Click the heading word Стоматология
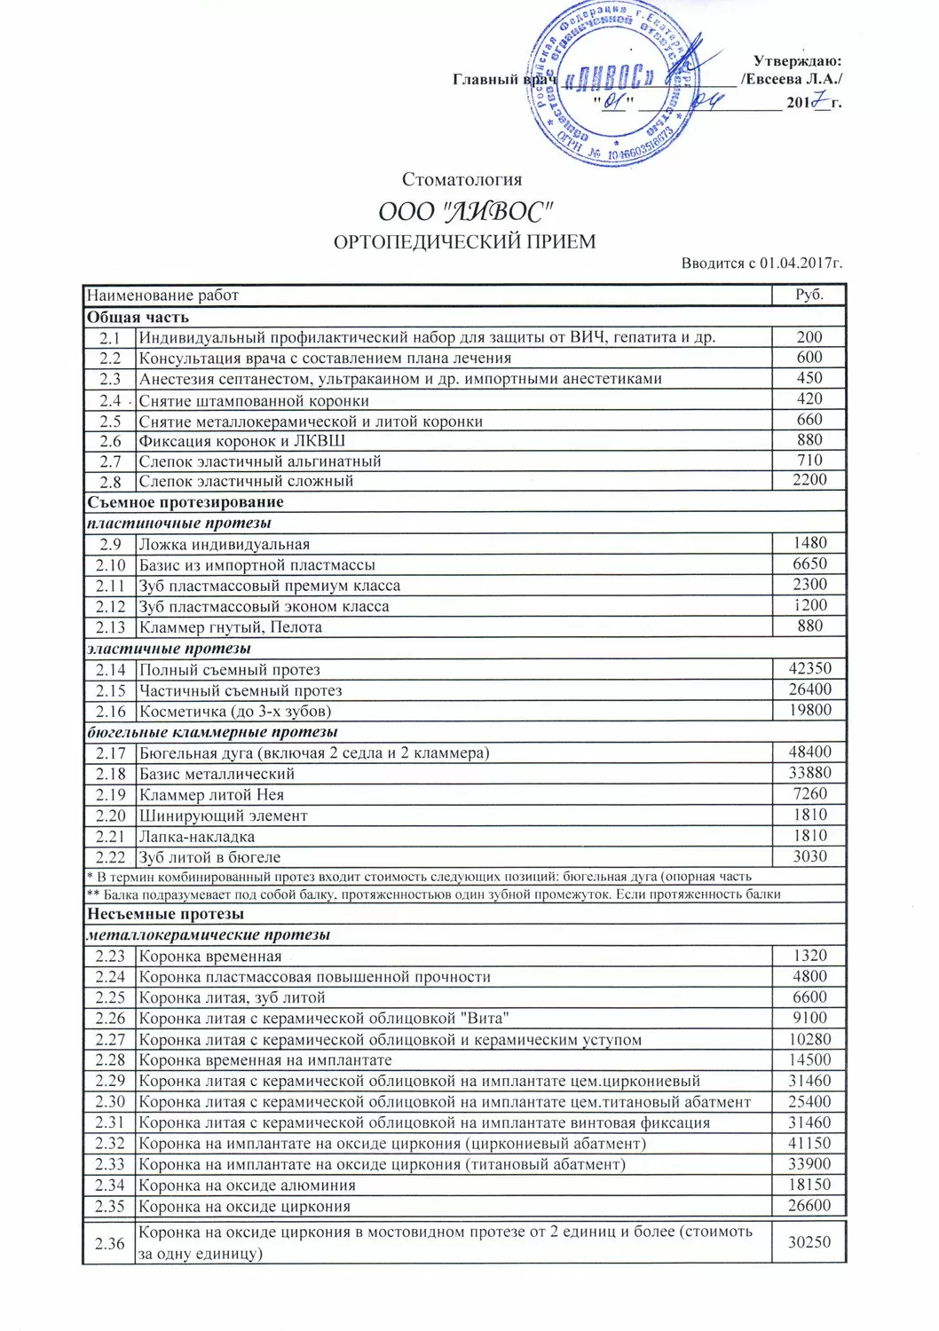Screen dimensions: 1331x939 (462, 180)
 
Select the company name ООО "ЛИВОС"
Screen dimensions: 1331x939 (466, 212)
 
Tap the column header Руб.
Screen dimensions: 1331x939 (809, 295)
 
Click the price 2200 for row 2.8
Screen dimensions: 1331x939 (809, 480)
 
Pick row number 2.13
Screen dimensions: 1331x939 (111, 627)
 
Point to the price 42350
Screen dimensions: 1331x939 (809, 669)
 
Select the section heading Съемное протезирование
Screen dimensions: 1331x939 (185, 502)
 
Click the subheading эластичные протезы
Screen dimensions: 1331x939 (169, 649)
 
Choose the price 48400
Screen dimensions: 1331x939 (809, 752)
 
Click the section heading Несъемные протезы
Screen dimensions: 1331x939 (165, 914)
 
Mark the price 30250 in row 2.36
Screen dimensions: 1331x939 (809, 1242)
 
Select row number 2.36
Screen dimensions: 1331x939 (110, 1243)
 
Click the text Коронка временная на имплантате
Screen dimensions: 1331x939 (265, 1060)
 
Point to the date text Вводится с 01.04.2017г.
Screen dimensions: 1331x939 (761, 264)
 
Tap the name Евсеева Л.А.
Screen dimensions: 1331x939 (791, 80)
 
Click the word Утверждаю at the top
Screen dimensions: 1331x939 (796, 61)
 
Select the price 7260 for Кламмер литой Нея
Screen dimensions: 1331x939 (809, 794)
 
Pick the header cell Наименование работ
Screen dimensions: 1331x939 (162, 295)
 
